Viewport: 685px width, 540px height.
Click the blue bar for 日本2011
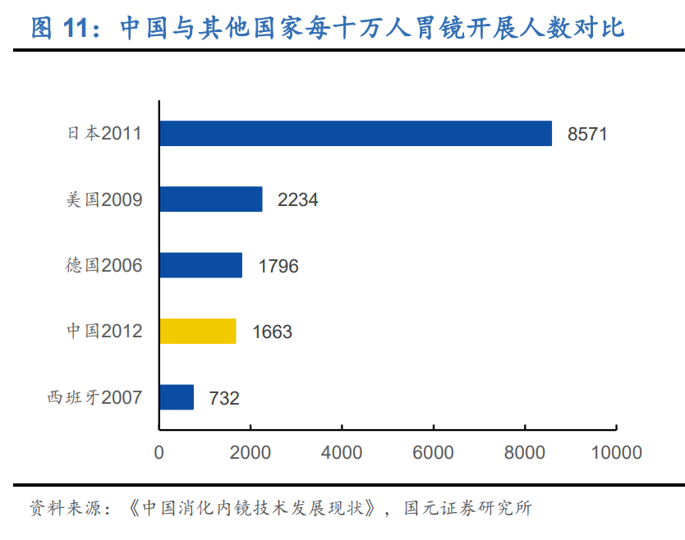pyautogui.click(x=355, y=134)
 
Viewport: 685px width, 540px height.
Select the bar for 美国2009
pyautogui.click(x=210, y=199)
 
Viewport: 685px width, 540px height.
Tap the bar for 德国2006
pyautogui.click(x=200, y=265)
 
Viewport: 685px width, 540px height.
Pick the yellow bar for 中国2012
pyautogui.click(x=197, y=332)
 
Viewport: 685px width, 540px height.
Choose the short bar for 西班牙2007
pyautogui.click(x=176, y=397)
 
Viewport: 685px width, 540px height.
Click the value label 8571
pyautogui.click(x=587, y=135)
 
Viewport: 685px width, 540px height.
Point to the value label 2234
pyautogui.click(x=297, y=200)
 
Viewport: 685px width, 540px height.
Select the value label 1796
pyautogui.click(x=278, y=266)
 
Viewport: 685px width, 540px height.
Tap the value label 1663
pyautogui.click(x=272, y=332)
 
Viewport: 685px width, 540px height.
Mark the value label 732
pyautogui.click(x=224, y=399)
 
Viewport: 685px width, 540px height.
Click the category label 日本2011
pyautogui.click(x=104, y=134)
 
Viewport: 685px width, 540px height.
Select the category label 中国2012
pyautogui.click(x=104, y=332)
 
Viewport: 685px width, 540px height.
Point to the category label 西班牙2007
pyautogui.click(x=94, y=398)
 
